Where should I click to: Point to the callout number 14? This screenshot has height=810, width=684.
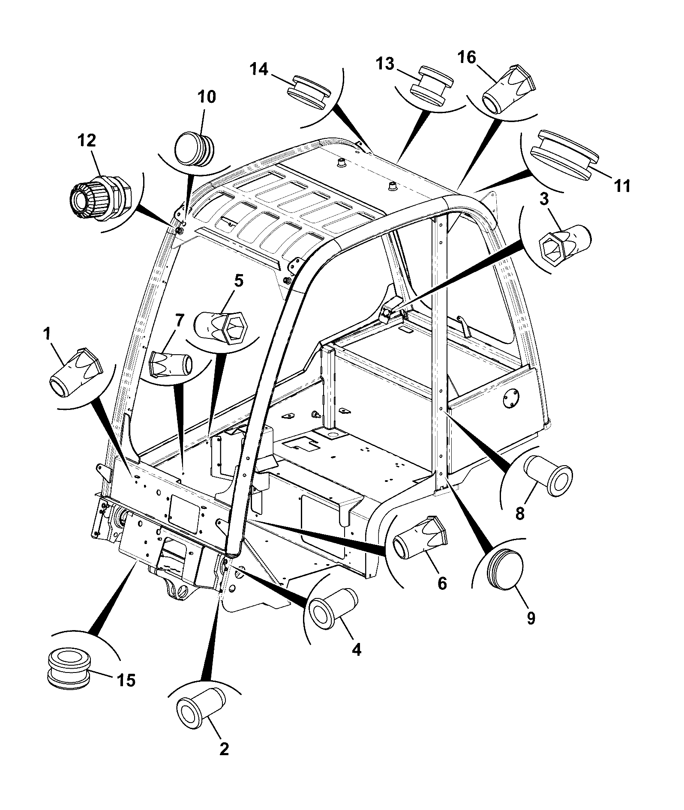(259, 69)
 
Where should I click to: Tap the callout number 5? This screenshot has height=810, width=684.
(238, 281)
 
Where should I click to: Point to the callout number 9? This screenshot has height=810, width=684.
(531, 618)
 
